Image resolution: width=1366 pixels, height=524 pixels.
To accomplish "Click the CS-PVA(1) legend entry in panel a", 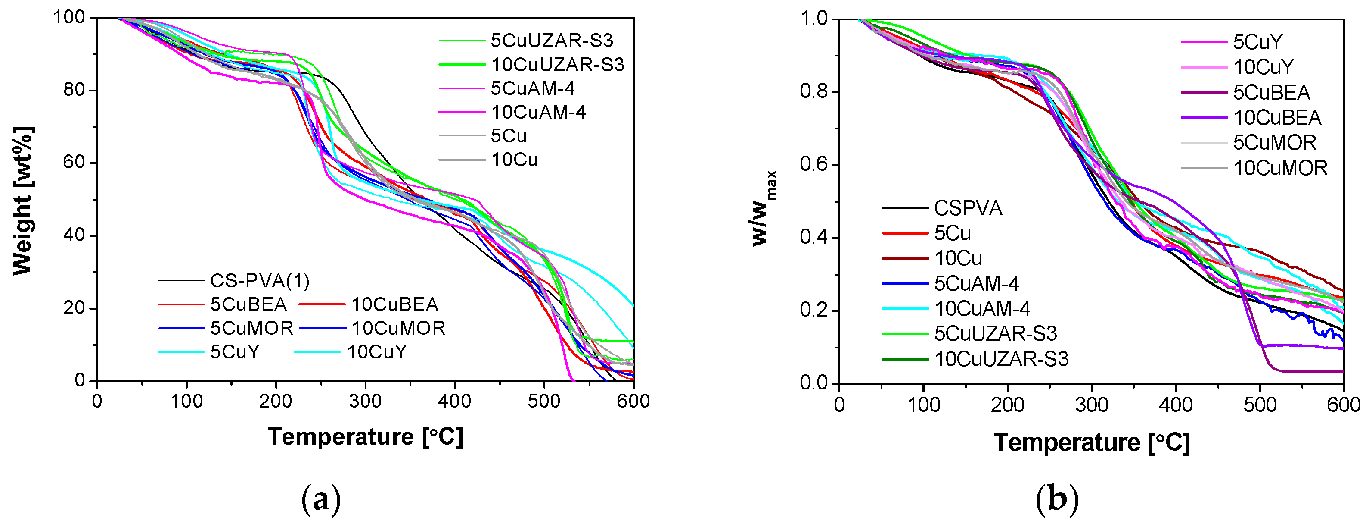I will point(259,281).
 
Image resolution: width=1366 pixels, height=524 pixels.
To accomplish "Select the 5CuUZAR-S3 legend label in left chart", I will point(552,41).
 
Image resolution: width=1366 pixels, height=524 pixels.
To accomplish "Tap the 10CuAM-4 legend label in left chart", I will point(538,112).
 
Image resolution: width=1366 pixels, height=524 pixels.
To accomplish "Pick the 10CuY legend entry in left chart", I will point(376,352).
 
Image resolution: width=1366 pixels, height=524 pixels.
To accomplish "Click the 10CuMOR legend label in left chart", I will point(398,328).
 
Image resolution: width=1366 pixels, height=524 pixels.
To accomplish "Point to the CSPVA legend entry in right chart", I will point(968,208).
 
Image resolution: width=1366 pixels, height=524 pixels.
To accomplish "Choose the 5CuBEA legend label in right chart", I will point(1271,92).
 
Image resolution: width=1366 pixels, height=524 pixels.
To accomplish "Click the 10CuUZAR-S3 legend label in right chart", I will point(1001,359).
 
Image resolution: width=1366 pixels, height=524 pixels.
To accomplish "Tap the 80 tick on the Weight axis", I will point(74,90).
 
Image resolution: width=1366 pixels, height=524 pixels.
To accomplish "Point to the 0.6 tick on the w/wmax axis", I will point(813,165).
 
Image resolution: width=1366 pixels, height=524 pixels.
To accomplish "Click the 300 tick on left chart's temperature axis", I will point(365,402).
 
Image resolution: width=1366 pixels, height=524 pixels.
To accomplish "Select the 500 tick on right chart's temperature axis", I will point(1260,405).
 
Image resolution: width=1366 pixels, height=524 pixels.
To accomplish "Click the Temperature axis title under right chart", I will point(1091,442).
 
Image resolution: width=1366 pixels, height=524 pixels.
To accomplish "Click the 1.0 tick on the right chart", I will point(813,19).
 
